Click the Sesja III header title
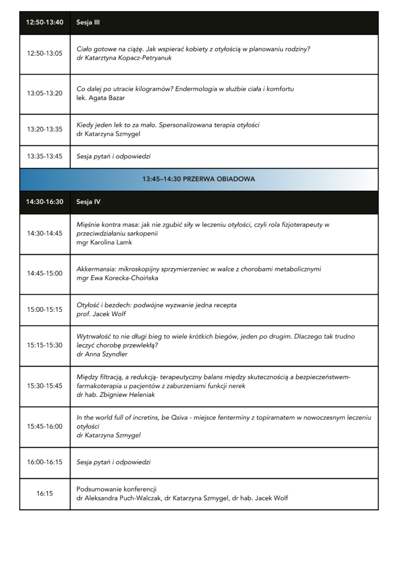88,23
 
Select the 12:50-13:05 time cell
45,54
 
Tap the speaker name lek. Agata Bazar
101,98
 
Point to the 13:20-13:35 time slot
45,129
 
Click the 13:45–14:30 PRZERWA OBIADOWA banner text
198,179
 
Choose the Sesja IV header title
88,202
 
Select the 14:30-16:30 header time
45,202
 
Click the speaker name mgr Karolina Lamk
104,242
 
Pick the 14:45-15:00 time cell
45,273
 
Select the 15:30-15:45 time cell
45,386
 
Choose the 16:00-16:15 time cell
45,462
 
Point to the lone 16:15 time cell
45,493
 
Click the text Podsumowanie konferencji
117,489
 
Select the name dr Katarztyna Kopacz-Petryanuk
124,58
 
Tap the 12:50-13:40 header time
45,23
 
